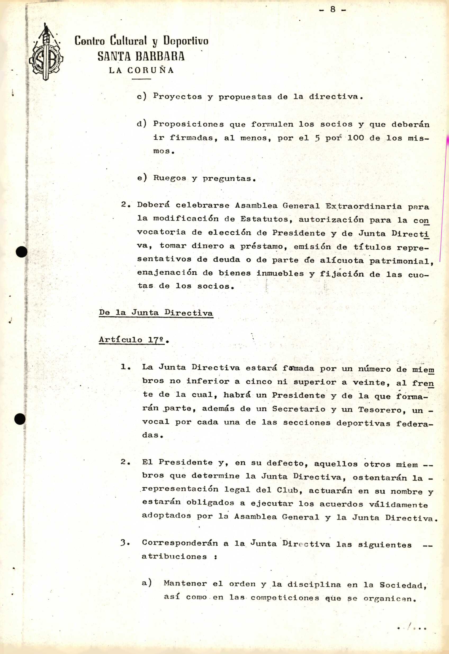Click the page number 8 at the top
click(x=333, y=10)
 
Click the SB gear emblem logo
click(x=46, y=53)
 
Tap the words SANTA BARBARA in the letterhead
click(x=141, y=56)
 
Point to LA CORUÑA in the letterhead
click(x=141, y=70)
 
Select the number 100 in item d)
click(x=355, y=138)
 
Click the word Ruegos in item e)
click(x=169, y=178)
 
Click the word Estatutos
click(x=264, y=219)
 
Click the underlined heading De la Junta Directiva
click(x=156, y=313)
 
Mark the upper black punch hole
click(x=22, y=251)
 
